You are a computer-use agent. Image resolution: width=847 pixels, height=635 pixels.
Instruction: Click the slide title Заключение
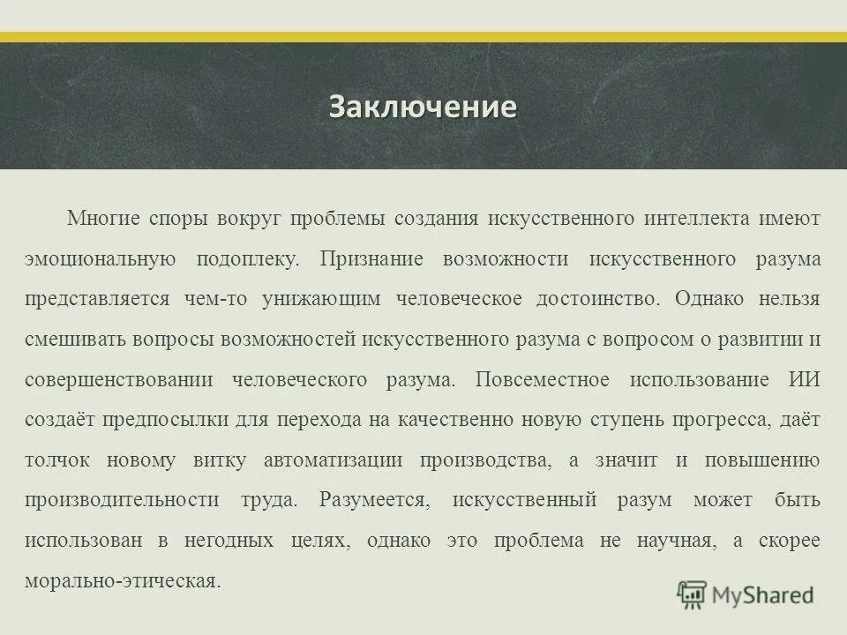423,107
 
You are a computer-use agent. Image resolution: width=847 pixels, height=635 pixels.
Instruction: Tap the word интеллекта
697,219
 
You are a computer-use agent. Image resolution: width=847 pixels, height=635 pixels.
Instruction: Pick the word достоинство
596,299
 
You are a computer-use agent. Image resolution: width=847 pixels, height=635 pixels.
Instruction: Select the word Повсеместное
541,379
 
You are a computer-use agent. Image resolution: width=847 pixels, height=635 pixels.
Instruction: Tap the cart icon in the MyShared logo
692,594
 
